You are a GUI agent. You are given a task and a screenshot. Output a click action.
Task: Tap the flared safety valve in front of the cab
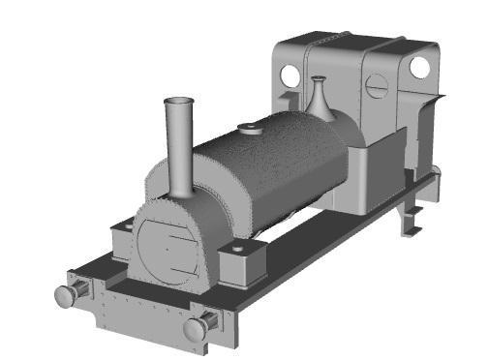[320, 100]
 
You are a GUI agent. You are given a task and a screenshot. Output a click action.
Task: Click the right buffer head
[195, 330]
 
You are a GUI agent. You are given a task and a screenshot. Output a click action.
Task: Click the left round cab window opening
[290, 75]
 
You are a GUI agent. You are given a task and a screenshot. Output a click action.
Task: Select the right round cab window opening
[419, 67]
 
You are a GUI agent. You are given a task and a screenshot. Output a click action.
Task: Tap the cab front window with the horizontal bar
[377, 91]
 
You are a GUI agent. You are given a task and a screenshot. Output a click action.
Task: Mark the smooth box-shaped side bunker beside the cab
[373, 174]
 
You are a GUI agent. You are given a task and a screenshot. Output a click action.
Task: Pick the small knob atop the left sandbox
[124, 225]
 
